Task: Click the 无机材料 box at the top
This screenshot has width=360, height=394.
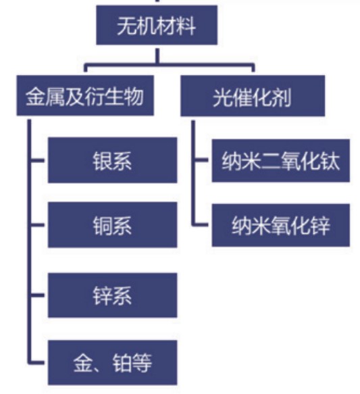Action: point(157,25)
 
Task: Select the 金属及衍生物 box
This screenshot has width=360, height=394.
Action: point(85,95)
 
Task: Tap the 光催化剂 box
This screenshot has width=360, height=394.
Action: point(253,96)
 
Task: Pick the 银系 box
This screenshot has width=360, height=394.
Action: point(113,160)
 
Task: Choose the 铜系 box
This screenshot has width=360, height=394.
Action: point(113,225)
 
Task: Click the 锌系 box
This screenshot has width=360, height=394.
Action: point(113,295)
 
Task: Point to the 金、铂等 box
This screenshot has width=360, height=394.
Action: point(113,363)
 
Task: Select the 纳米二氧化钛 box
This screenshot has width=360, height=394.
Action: point(281,160)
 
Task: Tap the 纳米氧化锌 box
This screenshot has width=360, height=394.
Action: point(281,225)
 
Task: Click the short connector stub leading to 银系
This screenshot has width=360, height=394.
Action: point(38,160)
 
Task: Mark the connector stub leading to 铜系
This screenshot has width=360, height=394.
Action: point(38,224)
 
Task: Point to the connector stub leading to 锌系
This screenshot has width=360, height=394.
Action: point(38,295)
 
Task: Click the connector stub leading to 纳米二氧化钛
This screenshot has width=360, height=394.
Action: point(201,159)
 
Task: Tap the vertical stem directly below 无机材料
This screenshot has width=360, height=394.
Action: point(157,56)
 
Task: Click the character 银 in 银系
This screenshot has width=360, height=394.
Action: point(102,161)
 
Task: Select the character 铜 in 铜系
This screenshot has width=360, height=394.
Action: point(102,226)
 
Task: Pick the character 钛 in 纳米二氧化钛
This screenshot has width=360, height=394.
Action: point(330,161)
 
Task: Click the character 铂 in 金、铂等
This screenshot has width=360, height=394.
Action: point(122,363)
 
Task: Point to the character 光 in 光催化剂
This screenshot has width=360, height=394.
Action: point(222,97)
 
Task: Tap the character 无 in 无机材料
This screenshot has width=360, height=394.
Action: point(127,26)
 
